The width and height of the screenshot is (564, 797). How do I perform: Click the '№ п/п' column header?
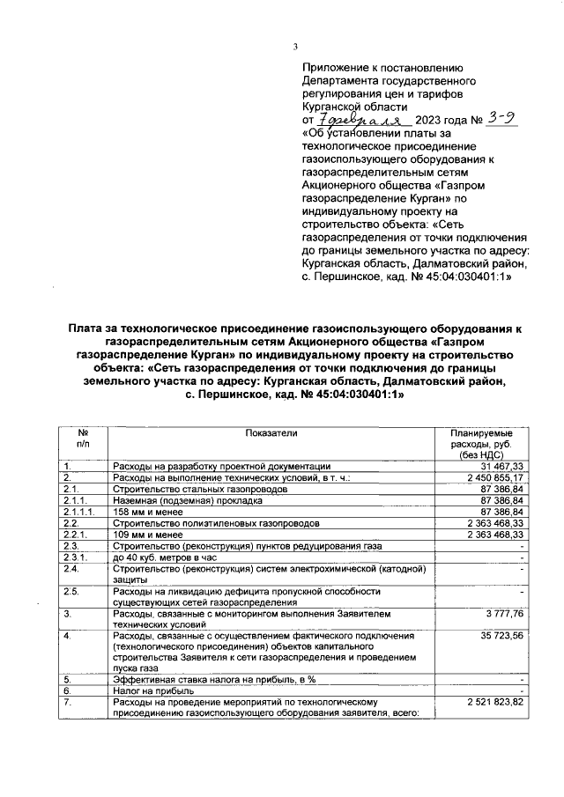coord(82,439)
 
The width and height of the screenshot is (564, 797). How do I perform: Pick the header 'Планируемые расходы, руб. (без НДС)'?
coord(482,444)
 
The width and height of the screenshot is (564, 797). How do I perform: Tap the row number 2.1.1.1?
coord(79,511)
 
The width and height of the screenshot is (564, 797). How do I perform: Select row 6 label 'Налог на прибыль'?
coord(151,692)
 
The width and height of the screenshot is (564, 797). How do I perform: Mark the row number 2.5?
coord(72,591)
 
